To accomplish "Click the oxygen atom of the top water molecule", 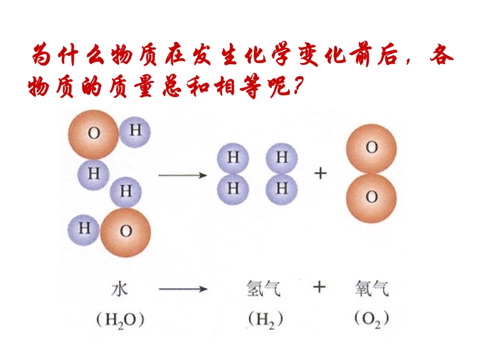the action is point(94,134).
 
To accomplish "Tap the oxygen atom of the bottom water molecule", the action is point(125,232).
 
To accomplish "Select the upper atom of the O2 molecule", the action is point(371,149).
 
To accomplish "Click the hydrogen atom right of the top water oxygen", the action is point(134,131).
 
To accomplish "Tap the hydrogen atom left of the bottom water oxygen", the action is point(83,230).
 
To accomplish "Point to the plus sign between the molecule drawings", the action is point(320,173).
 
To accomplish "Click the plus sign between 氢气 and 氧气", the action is point(319,287).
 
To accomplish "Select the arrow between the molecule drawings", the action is point(183,175).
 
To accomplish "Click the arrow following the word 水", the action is point(183,289).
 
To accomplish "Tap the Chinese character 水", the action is point(119,289).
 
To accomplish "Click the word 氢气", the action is point(263,289).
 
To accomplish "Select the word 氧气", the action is point(371,289).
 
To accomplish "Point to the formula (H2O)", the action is point(120,320).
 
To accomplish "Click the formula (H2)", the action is point(265,320).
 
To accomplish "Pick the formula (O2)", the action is point(371,319).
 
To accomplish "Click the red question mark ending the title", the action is point(298,85).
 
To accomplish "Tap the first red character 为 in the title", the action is point(42,55).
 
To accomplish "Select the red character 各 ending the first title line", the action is point(441,56).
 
